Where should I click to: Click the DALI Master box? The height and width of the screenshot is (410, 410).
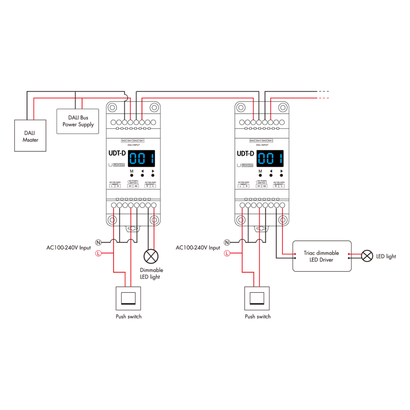coord(30,136)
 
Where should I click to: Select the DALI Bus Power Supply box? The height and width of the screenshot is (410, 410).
coord(78,121)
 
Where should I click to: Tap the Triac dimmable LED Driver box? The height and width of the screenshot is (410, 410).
coord(322,256)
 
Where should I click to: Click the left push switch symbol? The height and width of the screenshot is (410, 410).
coord(128,298)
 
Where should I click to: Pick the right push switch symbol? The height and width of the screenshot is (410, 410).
coord(257,298)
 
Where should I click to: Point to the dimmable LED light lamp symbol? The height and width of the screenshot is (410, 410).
coord(151,256)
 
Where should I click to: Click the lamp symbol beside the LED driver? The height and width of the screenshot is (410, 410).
coord(367,256)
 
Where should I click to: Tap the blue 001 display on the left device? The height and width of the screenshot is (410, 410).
coord(141,159)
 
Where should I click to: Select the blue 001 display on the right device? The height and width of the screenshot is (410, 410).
coord(270,159)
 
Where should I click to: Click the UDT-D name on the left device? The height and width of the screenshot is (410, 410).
coord(117,153)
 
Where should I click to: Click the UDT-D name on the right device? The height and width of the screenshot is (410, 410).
coord(245,154)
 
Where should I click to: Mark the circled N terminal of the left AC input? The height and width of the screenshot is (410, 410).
coord(98,243)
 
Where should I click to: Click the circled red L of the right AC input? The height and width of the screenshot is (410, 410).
coord(227,254)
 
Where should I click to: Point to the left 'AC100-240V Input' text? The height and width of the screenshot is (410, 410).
coord(68,248)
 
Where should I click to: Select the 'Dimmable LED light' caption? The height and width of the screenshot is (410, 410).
coord(151,273)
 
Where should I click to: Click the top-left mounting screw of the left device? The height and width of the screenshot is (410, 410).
coord(112,108)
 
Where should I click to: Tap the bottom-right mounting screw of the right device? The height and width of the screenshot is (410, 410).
coord(283,220)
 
